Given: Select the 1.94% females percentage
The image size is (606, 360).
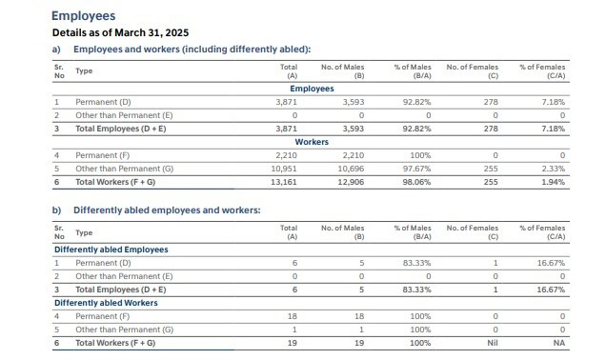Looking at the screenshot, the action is click(552, 181).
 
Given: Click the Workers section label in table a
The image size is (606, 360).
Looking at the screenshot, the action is click(312, 141).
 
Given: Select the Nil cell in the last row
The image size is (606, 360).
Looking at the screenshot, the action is click(493, 342).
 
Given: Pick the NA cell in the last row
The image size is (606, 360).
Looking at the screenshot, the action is click(559, 342).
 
